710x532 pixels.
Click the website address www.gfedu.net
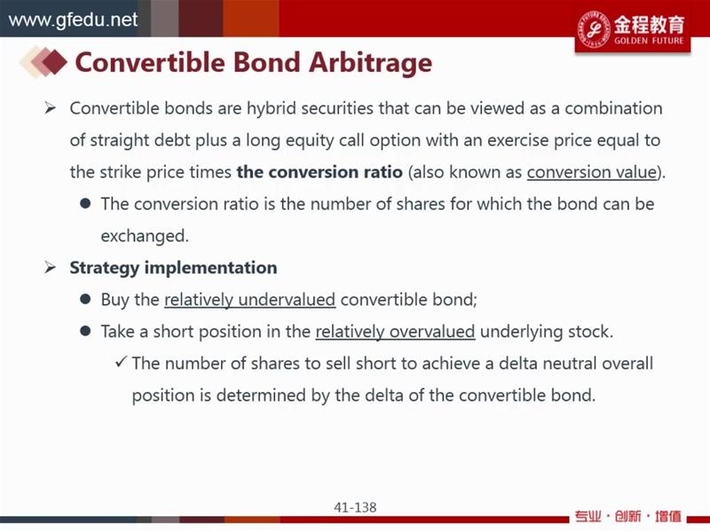tap(73, 20)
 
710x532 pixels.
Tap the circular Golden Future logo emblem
tap(593, 28)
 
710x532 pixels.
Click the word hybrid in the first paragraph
tap(272, 109)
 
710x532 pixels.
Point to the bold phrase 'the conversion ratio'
tap(319, 172)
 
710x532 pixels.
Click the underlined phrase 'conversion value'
tap(592, 172)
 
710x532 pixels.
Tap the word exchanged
tap(145, 236)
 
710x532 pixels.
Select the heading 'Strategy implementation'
tap(173, 268)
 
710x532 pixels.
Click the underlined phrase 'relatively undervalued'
tap(250, 300)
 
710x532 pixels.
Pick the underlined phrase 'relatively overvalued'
tap(395, 332)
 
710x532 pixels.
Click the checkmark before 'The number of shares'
tap(121, 362)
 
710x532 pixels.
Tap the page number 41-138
tap(355, 507)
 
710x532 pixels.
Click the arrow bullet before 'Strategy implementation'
tap(50, 268)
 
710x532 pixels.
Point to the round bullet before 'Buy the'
tap(85, 299)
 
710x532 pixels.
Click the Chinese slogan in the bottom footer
tap(627, 516)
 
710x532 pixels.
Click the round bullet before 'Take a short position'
tap(85, 331)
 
